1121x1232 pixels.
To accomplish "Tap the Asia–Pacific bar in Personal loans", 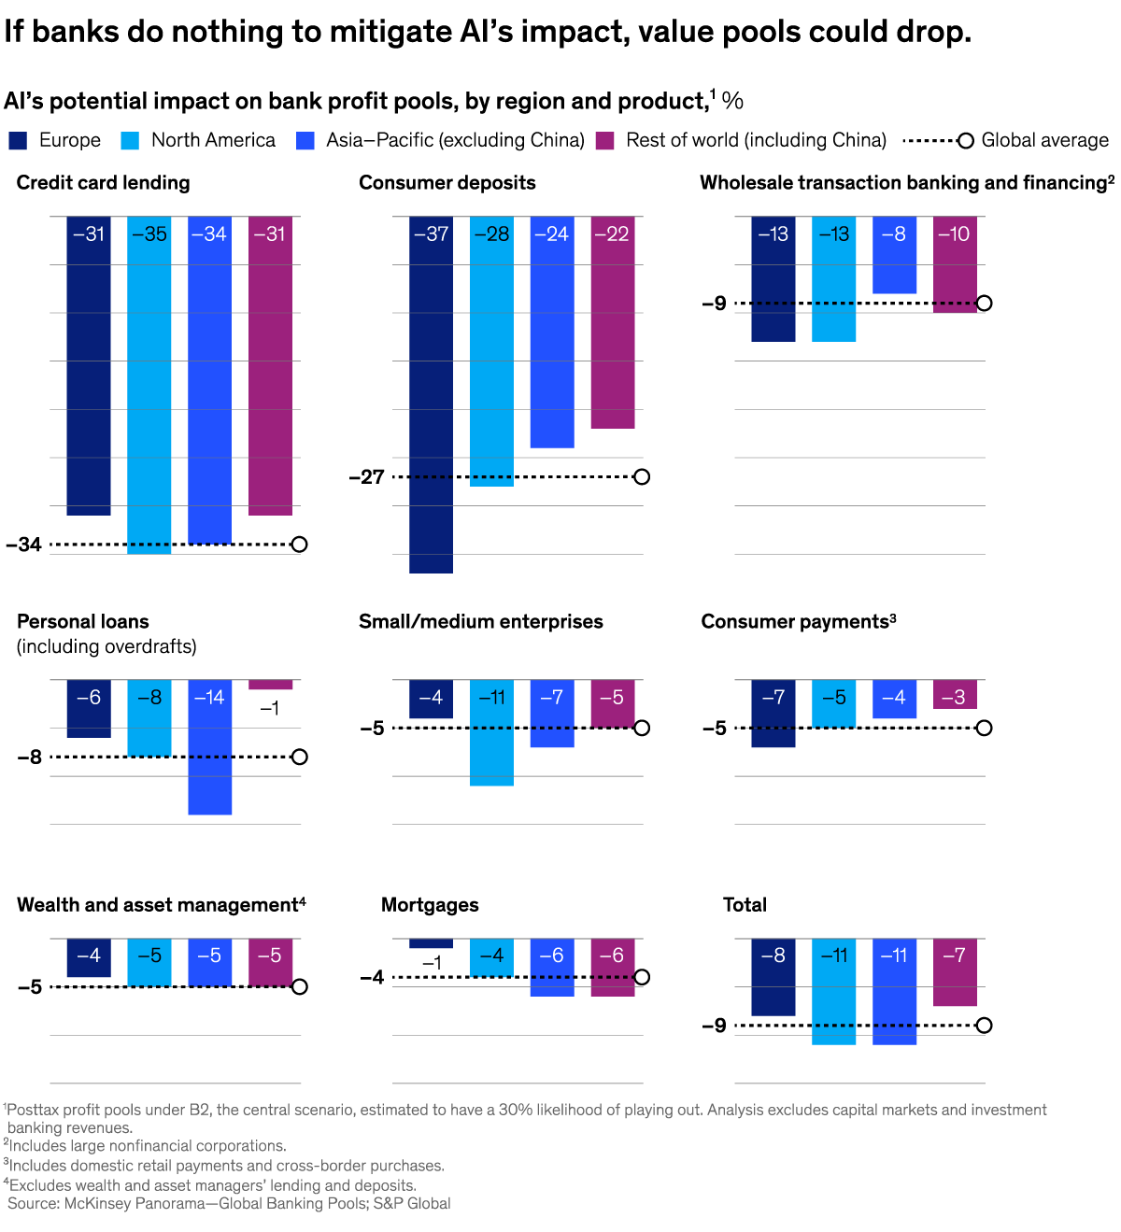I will click(x=209, y=747).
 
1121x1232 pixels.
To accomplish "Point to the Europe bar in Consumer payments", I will click(x=773, y=714).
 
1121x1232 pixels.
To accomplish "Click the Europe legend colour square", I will click(x=18, y=141).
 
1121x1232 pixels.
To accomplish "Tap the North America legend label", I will click(x=213, y=140).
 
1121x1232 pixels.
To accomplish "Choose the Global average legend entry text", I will click(x=1044, y=140).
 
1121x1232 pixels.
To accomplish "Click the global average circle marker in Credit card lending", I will click(x=299, y=545).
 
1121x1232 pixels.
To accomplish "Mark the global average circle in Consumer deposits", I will click(x=641, y=477).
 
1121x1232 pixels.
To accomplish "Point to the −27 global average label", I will click(x=367, y=477).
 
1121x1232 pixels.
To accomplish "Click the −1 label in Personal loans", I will click(x=269, y=708).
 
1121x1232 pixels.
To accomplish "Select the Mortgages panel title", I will click(x=430, y=905).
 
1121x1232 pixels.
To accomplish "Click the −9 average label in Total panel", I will click(x=714, y=1026).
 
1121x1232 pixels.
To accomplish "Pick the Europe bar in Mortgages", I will click(x=431, y=943).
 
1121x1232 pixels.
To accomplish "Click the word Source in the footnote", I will click(x=33, y=1203).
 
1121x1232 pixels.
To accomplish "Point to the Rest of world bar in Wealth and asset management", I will click(x=270, y=962).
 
